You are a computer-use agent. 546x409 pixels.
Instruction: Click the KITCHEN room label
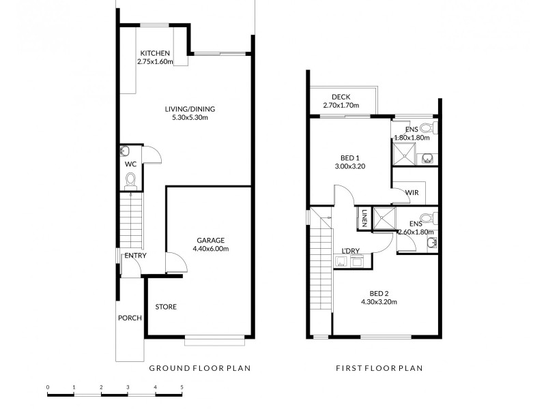155,54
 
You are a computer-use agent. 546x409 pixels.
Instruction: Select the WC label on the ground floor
130,164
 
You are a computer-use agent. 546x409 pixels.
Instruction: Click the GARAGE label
210,240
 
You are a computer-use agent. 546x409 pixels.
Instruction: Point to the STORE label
165,307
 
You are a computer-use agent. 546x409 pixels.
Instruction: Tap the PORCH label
130,318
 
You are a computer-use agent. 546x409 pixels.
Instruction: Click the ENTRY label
134,256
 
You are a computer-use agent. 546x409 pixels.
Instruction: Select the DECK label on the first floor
341,97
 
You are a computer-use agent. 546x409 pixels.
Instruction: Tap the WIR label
412,193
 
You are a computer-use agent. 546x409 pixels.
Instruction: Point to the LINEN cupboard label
365,217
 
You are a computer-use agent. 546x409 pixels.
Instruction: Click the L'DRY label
351,251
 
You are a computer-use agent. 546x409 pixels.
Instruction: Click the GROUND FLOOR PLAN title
200,368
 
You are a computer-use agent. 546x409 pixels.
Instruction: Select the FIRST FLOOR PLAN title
379,368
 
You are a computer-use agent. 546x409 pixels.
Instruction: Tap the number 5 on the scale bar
182,387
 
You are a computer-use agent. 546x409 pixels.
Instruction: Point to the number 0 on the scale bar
48,387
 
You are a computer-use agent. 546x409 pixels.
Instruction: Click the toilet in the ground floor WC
131,180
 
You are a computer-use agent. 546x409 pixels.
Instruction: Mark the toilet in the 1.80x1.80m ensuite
426,127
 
